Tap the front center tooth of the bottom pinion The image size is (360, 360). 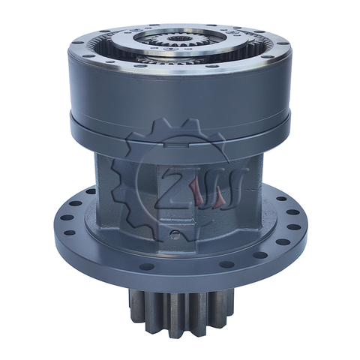180,315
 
